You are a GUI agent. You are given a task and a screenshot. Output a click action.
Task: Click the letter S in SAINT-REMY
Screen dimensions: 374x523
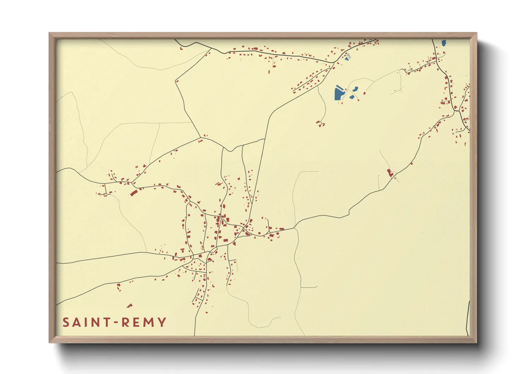(66, 322)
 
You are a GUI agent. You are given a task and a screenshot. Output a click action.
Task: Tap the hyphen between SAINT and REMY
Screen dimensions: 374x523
(117, 322)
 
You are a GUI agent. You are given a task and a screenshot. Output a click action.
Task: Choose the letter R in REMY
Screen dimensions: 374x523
(126, 322)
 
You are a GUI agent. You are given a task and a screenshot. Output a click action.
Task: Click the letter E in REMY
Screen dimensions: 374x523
(136, 322)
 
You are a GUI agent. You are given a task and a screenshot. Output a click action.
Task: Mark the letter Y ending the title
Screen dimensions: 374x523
(162, 322)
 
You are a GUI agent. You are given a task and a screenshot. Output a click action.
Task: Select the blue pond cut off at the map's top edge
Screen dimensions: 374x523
(444, 43)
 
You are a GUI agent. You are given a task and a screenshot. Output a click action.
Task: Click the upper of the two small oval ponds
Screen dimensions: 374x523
(355, 89)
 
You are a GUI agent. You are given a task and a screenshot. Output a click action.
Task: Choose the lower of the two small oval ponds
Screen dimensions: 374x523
(352, 97)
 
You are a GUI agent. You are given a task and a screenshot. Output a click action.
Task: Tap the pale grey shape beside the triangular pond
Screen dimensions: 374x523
(349, 55)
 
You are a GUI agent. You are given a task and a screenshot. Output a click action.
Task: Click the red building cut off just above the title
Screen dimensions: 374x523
(129, 306)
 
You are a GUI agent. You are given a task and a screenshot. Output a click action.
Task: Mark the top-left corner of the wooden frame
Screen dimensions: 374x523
(49, 33)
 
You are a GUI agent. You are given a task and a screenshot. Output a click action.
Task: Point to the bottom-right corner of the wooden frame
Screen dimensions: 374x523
(476, 342)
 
